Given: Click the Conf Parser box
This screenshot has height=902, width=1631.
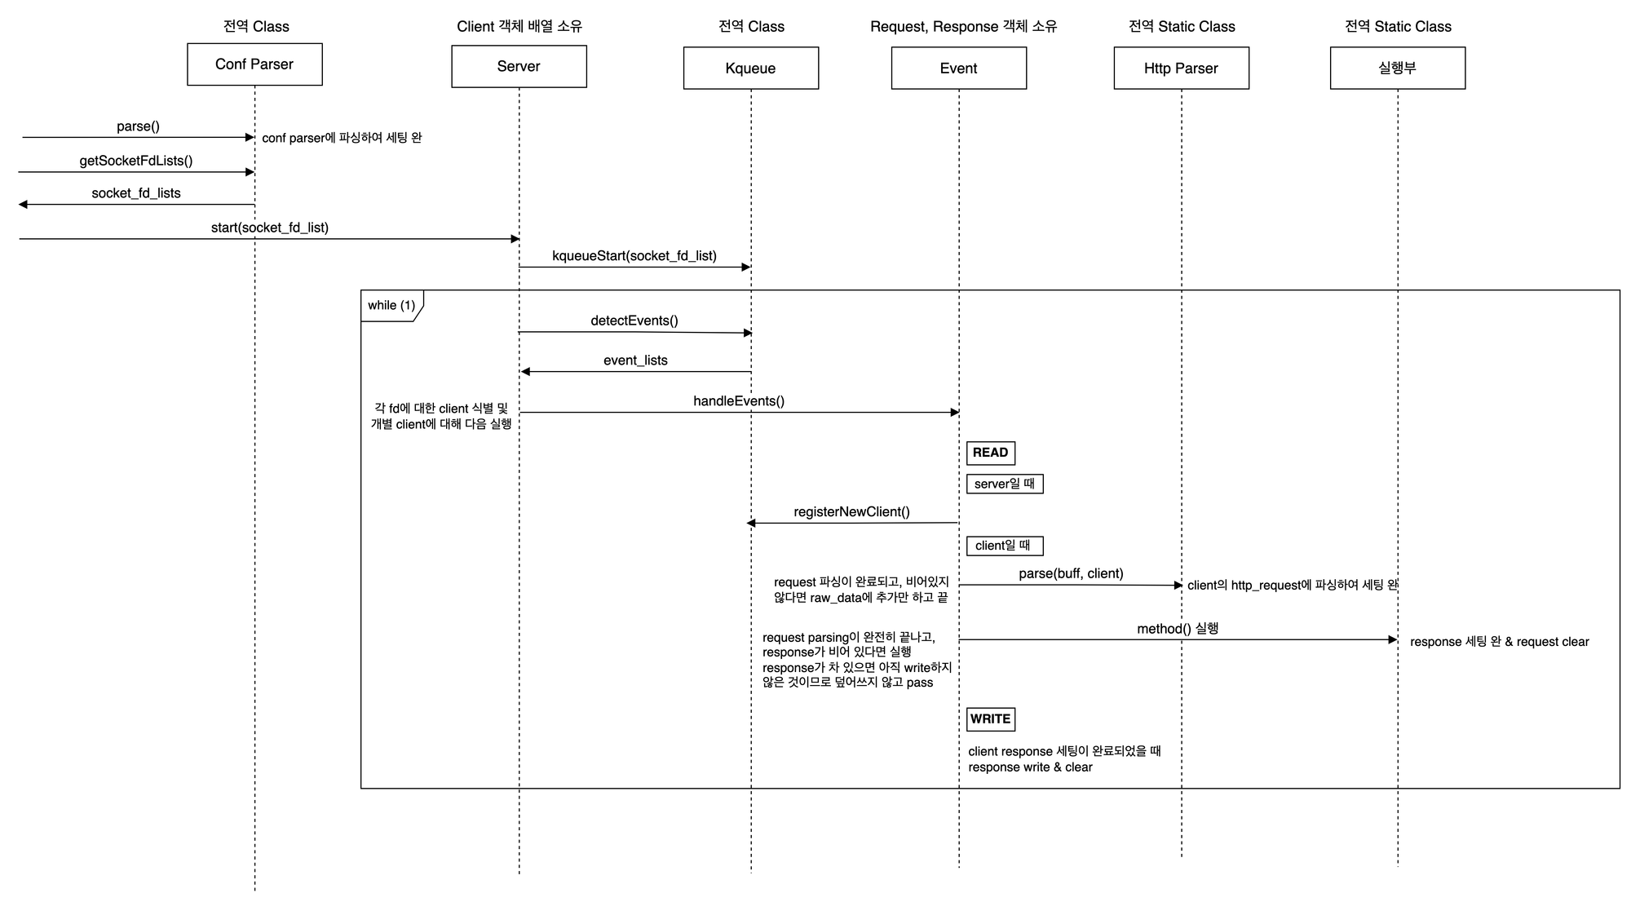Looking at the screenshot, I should coord(254,64).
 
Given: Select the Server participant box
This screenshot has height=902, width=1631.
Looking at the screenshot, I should coord(519,67).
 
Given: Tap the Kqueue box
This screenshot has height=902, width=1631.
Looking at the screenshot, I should coord(750,69).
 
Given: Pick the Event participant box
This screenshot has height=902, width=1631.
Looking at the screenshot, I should coord(958,69).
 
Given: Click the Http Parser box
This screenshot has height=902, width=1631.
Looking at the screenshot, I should coord(1181,69).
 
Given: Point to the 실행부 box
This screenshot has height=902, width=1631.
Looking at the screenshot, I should coord(1397,69).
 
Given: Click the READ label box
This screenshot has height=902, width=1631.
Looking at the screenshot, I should coord(990,453).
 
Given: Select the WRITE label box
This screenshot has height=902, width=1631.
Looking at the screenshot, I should coord(990,719).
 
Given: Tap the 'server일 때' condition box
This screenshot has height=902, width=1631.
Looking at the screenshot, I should coord(1004,484).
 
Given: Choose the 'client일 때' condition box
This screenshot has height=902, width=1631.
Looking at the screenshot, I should coord(1004,546).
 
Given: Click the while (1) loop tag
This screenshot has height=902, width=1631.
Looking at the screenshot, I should coord(391,305).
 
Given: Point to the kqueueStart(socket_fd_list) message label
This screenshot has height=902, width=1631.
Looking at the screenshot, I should coord(634,256).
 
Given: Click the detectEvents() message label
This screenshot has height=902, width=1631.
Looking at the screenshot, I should coord(634,321).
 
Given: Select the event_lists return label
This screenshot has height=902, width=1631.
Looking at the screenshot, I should coord(635,360).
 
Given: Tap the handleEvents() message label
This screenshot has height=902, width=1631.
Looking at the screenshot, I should coord(739,401).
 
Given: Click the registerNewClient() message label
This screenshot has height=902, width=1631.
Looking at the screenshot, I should coord(851,512).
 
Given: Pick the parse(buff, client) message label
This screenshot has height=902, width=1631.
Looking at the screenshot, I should coord(1071,573).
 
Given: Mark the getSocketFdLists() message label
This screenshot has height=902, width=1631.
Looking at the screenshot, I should coord(136,161).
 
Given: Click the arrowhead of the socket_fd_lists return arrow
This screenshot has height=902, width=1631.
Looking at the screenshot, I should coord(24,205).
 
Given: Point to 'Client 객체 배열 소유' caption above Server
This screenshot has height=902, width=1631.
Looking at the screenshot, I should coord(519,26).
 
